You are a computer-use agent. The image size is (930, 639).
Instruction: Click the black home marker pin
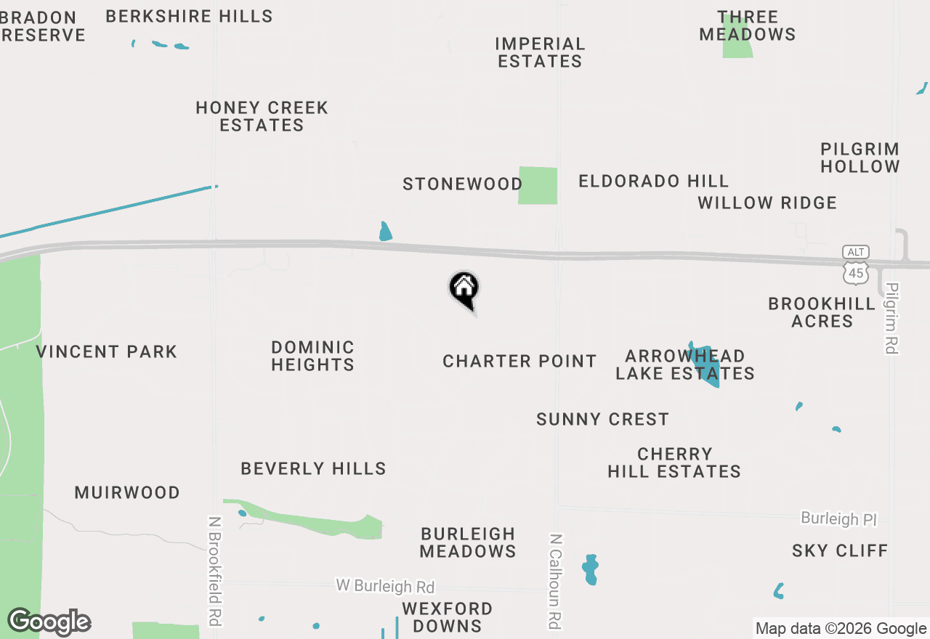point(464,289)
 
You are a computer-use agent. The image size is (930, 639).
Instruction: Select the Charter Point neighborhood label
point(519,361)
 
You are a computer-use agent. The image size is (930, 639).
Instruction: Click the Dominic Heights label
point(312,356)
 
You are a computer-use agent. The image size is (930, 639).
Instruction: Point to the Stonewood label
point(463,184)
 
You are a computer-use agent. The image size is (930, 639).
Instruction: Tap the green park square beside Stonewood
point(538,185)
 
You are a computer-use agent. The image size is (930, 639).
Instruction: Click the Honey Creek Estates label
point(262,116)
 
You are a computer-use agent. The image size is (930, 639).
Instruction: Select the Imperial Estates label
point(540,52)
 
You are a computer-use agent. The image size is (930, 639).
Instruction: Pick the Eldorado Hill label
point(653,181)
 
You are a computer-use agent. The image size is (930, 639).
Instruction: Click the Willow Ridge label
point(767,203)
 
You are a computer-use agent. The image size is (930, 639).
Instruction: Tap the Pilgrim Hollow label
point(860,158)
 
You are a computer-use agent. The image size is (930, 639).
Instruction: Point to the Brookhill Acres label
point(822,312)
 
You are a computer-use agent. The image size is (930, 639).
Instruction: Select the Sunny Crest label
point(602,419)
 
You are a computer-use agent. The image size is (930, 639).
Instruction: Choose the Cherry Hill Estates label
point(674,463)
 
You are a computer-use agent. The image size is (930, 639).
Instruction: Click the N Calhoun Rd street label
point(555,581)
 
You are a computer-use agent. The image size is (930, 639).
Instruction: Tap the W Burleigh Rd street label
point(385,585)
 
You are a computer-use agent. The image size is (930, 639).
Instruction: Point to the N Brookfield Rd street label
point(215,571)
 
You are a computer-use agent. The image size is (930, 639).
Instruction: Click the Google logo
point(49,622)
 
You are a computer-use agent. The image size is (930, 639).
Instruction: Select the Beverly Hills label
point(313,468)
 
